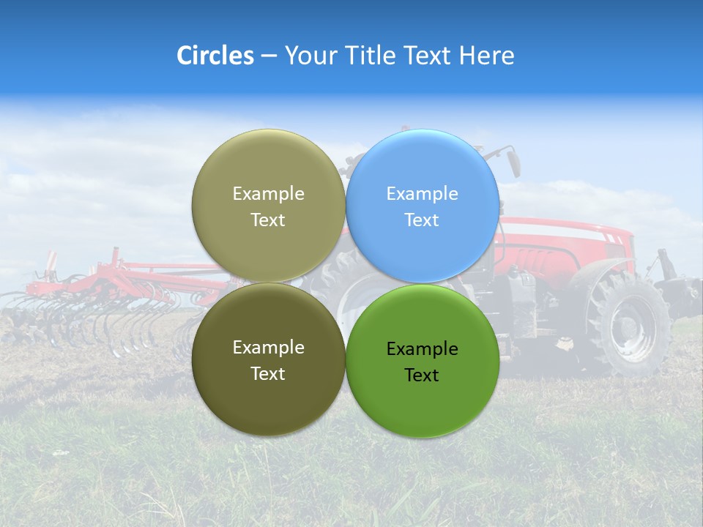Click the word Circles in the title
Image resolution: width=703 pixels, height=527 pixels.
pos(215,56)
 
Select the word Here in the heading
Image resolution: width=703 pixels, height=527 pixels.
pos(487,56)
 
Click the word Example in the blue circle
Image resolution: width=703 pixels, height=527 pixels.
pos(422,194)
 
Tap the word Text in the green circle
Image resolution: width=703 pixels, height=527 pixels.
pos(422,375)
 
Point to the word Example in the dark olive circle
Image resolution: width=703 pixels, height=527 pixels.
pos(268,348)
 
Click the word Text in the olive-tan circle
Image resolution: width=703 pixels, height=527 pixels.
pos(268,220)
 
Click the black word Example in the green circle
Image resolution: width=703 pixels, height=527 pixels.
pos(422,349)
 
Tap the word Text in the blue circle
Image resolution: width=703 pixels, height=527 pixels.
pos(422,220)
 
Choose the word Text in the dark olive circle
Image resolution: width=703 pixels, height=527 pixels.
pos(268,374)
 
